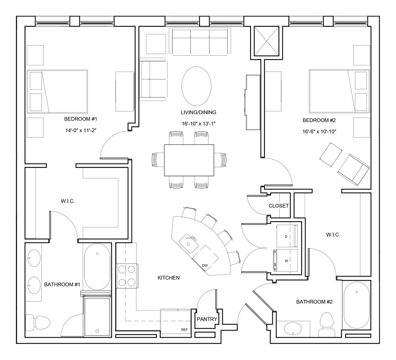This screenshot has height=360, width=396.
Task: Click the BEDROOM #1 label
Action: (80, 119)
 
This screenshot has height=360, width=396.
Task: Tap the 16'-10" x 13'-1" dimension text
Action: (198, 124)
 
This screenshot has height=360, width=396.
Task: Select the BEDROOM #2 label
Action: (319, 120)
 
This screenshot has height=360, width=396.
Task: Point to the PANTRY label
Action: (207, 319)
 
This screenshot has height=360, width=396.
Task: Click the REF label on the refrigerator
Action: (184, 330)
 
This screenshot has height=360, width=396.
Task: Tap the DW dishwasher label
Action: (205, 266)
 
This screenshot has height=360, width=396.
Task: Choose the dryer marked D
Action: (287, 236)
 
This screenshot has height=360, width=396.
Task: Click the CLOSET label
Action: (278, 206)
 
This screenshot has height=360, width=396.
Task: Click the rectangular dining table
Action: (189, 160)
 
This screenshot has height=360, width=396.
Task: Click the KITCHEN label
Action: (169, 278)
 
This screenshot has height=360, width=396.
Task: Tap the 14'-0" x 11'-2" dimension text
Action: (81, 131)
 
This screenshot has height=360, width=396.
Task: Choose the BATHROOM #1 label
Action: (62, 285)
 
